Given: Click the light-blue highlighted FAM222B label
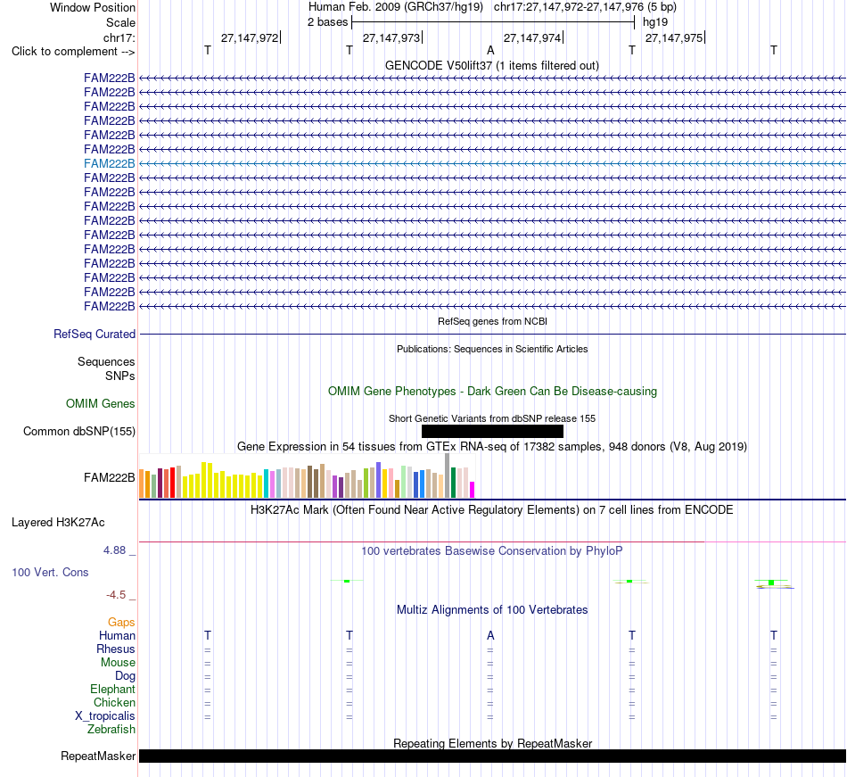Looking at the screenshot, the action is point(109,164).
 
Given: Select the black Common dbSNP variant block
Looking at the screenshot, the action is point(492,431).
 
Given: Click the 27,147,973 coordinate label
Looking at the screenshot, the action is point(391,37).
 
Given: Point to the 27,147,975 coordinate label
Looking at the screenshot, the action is point(674,37).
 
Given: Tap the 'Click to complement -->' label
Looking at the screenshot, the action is point(73,52).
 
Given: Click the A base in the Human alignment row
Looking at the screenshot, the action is point(490,635).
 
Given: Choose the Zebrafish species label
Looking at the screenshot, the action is point(111,730).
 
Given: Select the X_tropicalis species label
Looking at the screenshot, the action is point(105,716).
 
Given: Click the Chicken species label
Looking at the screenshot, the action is point(114,702).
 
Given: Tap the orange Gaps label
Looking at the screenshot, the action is point(121,623).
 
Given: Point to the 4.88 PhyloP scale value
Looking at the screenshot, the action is point(114,550).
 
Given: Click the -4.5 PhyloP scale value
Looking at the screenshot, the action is point(116,595).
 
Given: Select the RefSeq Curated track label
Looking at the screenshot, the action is point(95,334).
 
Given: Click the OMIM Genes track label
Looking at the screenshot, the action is point(101,403).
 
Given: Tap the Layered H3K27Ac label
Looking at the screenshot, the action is point(58,523).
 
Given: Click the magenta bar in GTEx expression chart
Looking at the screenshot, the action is point(473,490).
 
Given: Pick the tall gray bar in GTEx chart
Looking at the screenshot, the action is point(448,475).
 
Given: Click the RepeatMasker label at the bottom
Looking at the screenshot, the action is point(98,756).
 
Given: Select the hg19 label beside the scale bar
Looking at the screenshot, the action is point(655,22).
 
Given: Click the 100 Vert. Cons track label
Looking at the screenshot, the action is point(50,572).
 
